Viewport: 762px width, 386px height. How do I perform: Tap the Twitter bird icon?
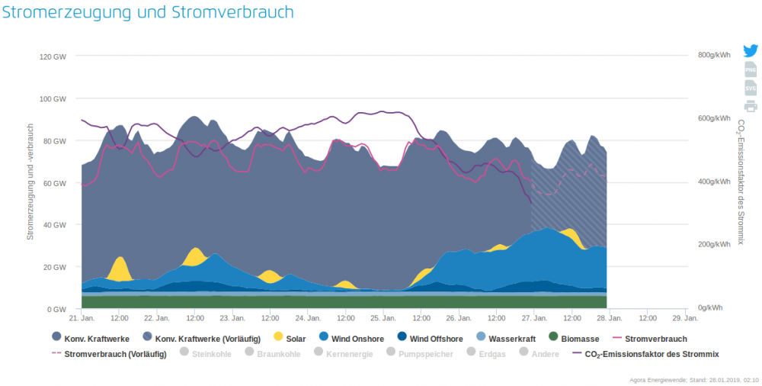pos(751,52)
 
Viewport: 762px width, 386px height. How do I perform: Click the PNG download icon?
pos(751,70)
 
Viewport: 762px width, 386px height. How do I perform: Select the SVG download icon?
pos(751,88)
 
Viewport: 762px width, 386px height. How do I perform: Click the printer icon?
pos(751,106)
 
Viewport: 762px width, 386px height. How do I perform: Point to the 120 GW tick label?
pos(53,56)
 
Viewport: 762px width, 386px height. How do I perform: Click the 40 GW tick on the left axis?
pos(56,225)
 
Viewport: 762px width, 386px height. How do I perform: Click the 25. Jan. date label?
pos(383,317)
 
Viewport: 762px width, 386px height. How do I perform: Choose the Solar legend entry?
pos(289,339)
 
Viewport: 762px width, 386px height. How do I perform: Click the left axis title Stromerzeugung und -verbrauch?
pos(30,182)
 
